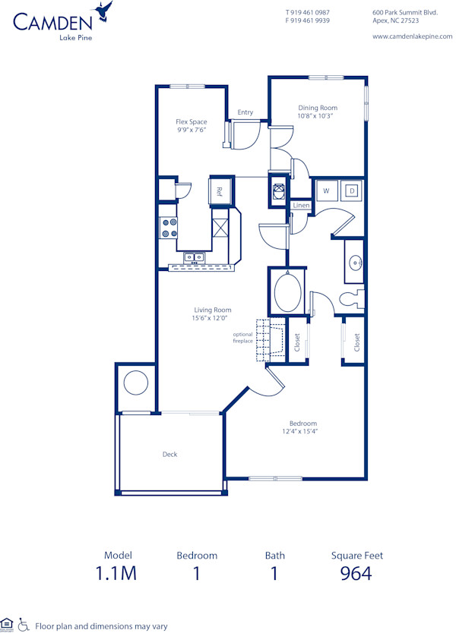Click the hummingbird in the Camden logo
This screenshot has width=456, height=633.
point(104,11)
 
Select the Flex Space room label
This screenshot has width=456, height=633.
point(192,121)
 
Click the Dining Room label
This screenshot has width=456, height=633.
point(318,108)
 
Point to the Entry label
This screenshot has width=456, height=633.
point(245,112)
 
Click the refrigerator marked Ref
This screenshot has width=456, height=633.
point(220,191)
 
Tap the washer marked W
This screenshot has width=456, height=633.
point(326,191)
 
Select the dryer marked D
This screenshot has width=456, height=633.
point(352,191)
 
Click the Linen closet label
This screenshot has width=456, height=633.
point(301,206)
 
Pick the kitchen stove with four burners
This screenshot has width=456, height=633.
point(169,228)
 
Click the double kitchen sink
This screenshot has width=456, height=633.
point(194,257)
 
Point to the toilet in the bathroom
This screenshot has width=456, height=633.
point(351,299)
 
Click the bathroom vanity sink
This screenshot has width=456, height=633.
point(355,262)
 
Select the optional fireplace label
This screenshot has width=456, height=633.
point(242,338)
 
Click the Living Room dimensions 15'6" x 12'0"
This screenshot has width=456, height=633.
point(212,319)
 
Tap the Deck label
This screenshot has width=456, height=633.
point(169,454)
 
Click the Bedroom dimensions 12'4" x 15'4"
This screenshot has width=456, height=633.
point(302,432)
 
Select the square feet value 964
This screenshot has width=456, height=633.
point(356,573)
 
